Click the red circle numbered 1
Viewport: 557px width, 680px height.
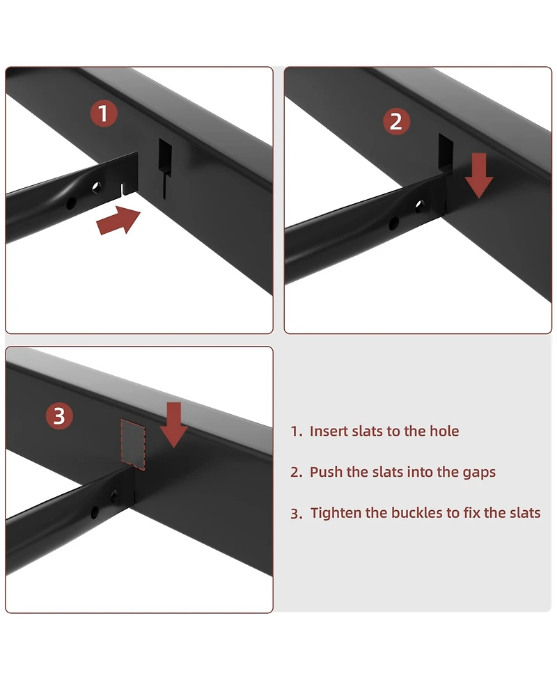[104, 113]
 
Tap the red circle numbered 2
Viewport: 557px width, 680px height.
[396, 121]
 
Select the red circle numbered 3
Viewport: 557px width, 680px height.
[59, 416]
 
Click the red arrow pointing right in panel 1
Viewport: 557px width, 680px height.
[118, 221]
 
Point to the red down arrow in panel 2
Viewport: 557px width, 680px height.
[478, 175]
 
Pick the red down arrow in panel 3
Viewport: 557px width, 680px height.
[173, 425]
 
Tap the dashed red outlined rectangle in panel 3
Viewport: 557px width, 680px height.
[133, 444]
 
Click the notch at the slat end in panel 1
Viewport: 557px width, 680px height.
[123, 189]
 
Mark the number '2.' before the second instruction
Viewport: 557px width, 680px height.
[297, 473]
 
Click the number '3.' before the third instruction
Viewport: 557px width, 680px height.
[297, 514]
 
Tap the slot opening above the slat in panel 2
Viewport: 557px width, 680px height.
[446, 151]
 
